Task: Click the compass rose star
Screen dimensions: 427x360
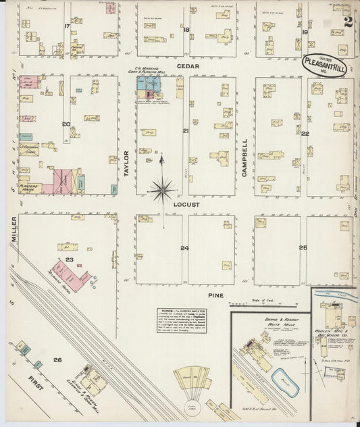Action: tap(161, 190)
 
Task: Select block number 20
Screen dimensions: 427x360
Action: tap(66, 124)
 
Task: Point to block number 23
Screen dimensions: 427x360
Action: tap(69, 259)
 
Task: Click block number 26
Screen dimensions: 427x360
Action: tap(58, 360)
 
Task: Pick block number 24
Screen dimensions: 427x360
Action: tap(184, 248)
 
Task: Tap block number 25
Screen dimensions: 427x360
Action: tap(303, 248)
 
